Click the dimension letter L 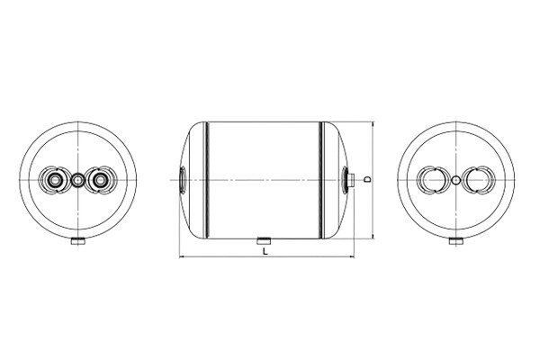(265, 251)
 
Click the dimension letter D (368, 179)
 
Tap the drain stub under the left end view (78, 241)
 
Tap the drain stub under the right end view (456, 241)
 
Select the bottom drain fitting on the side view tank (264, 241)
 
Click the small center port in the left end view (77, 180)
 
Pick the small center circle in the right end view (456, 180)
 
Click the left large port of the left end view (55, 180)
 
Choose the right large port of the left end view (101, 180)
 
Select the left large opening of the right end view (433, 180)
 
